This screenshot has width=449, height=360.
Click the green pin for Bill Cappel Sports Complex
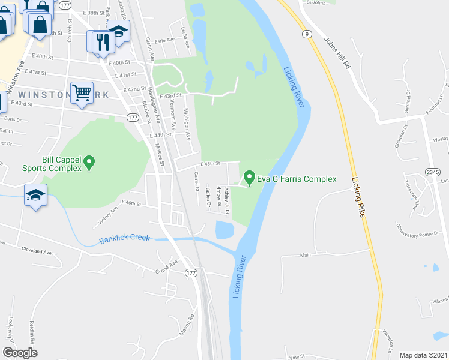point(89,161)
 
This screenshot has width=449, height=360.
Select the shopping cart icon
point(82,93)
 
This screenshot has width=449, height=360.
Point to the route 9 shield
point(307,35)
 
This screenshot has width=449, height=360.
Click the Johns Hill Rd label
point(337,55)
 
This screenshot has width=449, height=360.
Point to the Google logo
point(20,353)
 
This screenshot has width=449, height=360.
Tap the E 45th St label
point(211,163)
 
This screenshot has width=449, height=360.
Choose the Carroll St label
point(196,181)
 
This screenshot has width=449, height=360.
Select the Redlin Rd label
point(31,334)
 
